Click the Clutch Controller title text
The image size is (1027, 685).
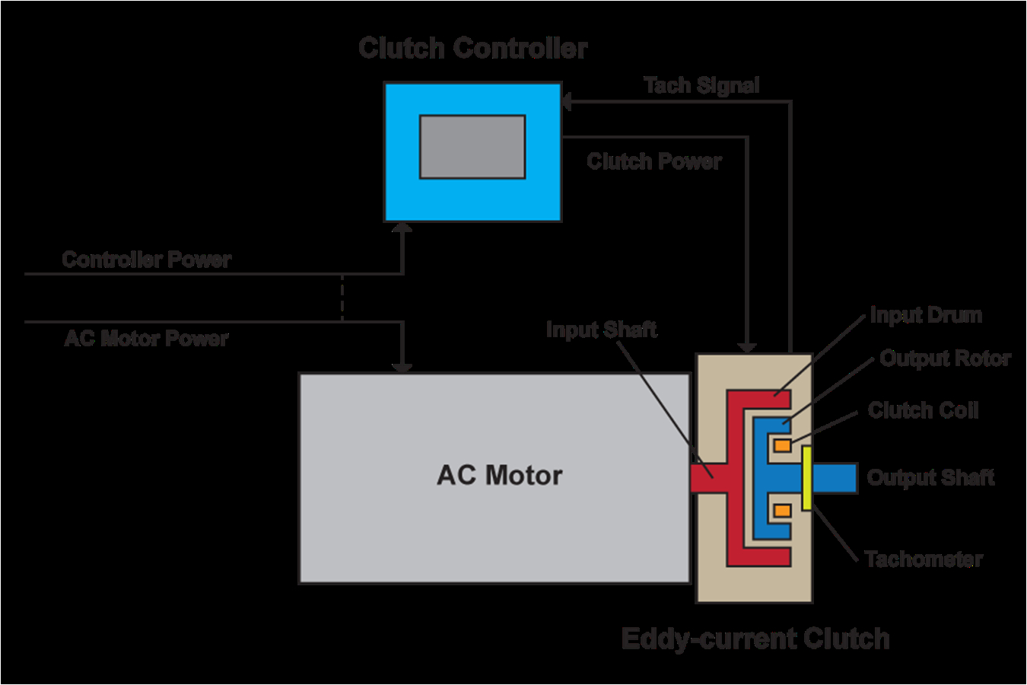tap(472, 48)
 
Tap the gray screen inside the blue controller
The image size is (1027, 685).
tap(472, 147)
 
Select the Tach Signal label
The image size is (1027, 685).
tap(701, 85)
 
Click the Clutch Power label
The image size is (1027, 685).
tap(654, 161)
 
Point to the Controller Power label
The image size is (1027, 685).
tap(146, 260)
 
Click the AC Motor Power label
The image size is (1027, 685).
tap(146, 338)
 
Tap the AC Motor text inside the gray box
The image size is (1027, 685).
tap(499, 475)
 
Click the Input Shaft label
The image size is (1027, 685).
tap(601, 330)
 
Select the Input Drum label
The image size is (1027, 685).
tap(926, 315)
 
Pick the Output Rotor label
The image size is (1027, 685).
tap(945, 358)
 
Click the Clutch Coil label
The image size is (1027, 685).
tap(923, 410)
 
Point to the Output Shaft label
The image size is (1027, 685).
tap(930, 477)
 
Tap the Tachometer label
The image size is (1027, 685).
tap(924, 559)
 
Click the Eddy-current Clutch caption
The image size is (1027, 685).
tap(755, 638)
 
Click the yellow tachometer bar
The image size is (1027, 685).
tap(806, 478)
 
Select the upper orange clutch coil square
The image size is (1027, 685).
tap(782, 444)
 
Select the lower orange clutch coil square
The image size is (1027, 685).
tap(782, 511)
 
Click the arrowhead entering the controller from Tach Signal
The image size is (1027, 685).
tap(567, 100)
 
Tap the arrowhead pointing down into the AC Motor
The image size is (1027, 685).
tap(402, 366)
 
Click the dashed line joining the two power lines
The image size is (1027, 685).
tap(342, 298)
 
